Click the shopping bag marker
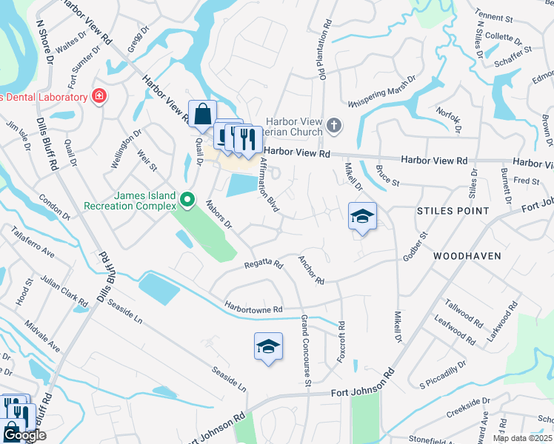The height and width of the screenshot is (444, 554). (202, 115)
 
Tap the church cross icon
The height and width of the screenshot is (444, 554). (334, 125)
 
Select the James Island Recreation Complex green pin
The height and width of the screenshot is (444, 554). (187, 199)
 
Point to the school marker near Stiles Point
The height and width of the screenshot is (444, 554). (362, 217)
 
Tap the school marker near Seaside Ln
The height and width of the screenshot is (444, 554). (268, 346)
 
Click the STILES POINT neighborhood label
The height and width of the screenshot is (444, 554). (453, 211)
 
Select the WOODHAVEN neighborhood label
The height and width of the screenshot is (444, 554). (467, 256)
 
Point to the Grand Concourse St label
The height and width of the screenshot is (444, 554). (305, 349)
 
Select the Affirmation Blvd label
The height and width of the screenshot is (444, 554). (268, 185)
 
